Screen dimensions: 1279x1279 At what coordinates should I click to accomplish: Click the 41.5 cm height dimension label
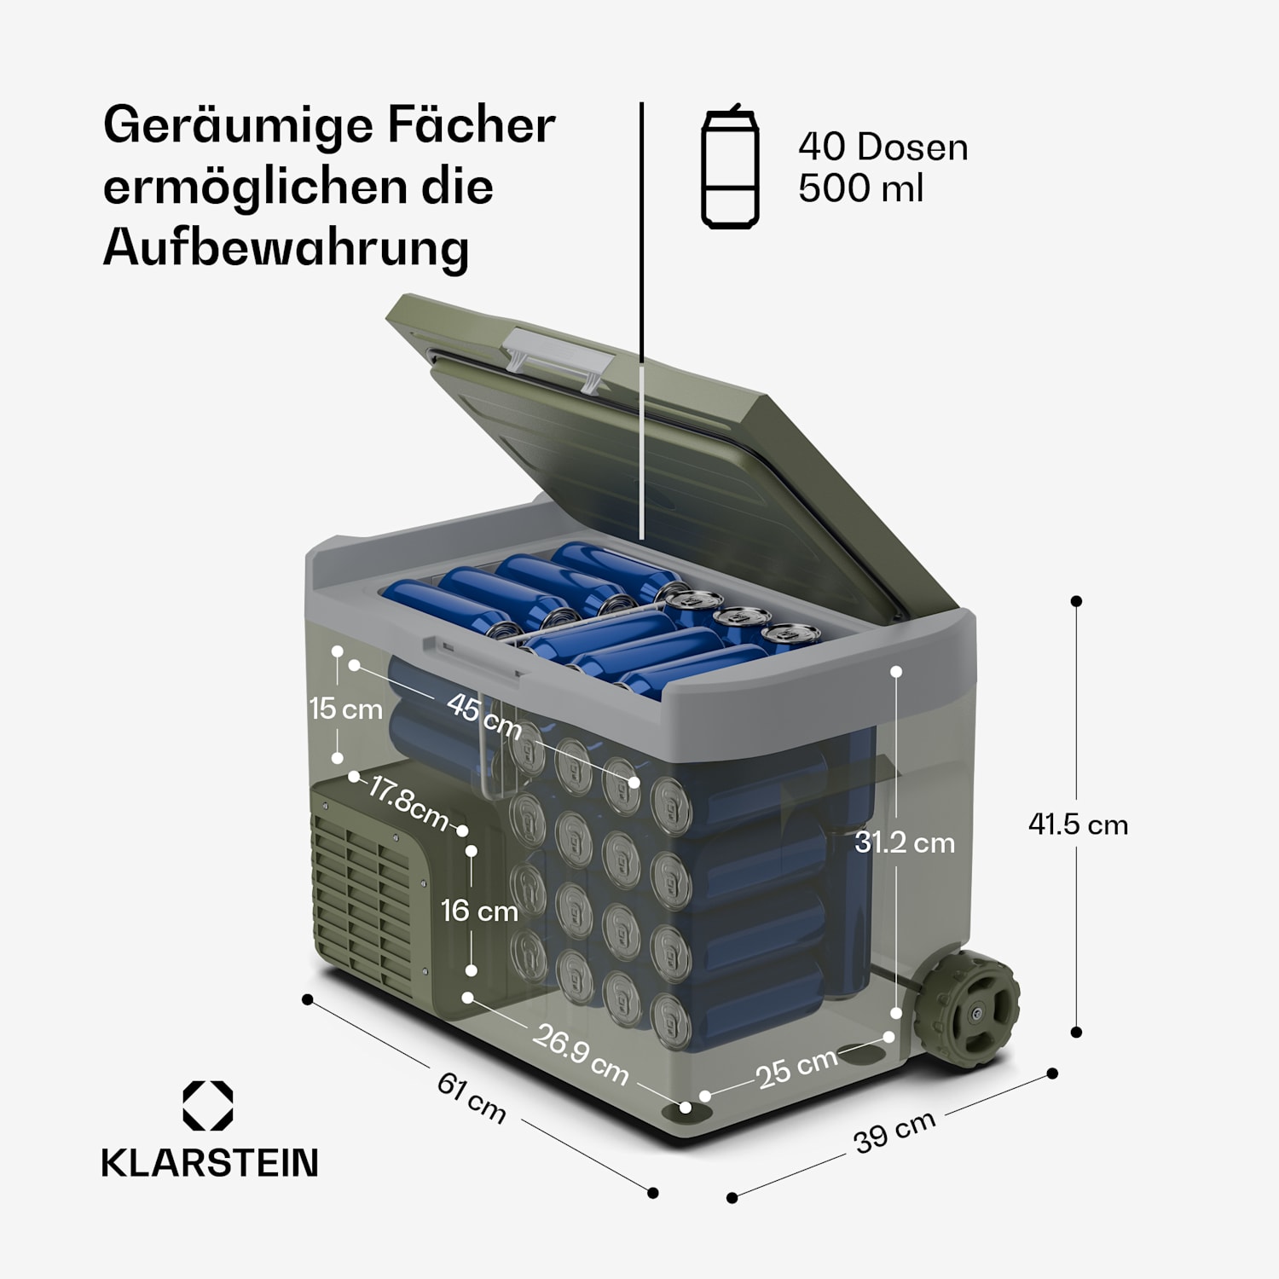(1078, 825)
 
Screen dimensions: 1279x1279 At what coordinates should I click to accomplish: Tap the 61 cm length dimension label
(472, 1097)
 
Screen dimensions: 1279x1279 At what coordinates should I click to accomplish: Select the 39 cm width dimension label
(894, 1131)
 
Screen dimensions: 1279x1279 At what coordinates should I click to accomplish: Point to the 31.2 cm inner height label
(905, 842)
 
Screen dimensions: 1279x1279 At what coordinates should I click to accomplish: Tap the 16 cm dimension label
(479, 911)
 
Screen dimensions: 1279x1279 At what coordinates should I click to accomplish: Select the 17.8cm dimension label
(408, 802)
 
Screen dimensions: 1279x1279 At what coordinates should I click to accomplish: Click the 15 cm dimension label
(345, 709)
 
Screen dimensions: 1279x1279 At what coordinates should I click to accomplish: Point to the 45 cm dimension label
(484, 716)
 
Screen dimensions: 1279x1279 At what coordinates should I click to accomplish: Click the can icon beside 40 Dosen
(730, 166)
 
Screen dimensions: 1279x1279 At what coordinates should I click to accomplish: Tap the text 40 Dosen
(883, 147)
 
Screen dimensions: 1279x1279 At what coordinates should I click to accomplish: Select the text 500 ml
(860, 188)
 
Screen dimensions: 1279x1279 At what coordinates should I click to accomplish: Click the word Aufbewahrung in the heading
(286, 249)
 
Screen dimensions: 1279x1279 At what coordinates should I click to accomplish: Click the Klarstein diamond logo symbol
(208, 1106)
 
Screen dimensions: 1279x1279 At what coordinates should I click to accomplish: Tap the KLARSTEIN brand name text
(210, 1163)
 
